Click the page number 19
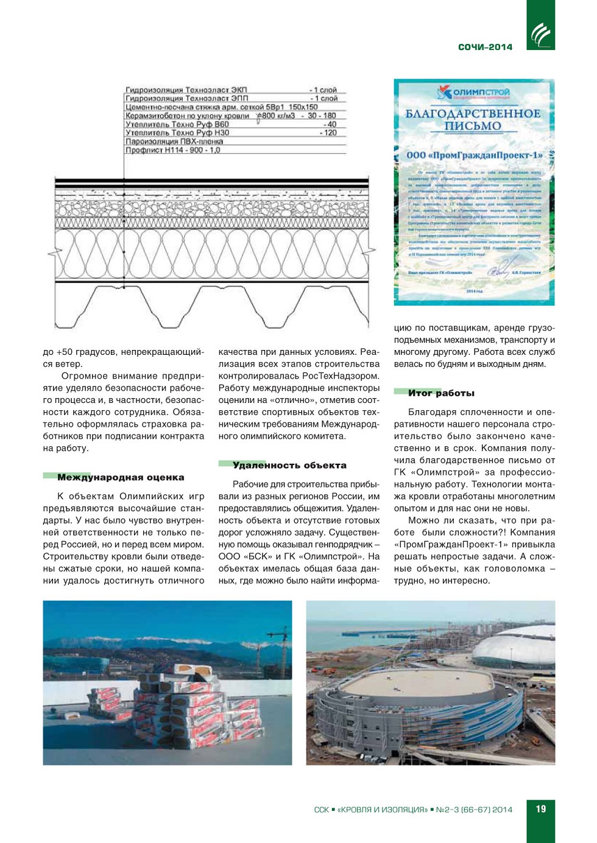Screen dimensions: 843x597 point(541,809)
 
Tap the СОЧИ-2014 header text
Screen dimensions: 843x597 point(486,47)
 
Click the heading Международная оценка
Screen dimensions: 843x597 point(121,477)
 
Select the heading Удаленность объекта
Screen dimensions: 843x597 point(289,465)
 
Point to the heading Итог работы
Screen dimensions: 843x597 point(441,393)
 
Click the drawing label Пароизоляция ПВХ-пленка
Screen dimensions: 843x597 point(174,141)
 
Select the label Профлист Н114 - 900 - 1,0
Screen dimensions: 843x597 point(173,150)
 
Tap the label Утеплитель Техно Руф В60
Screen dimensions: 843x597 point(177,124)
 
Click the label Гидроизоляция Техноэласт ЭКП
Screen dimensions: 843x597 point(186,90)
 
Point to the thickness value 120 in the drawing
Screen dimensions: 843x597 point(330,133)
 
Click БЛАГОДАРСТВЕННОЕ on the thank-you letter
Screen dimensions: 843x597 point(473,113)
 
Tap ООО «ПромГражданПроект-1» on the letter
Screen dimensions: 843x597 point(475,155)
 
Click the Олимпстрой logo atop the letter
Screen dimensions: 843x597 point(473,93)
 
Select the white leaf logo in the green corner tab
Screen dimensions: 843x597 point(540,34)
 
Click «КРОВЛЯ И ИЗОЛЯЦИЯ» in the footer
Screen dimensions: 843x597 point(383,810)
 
